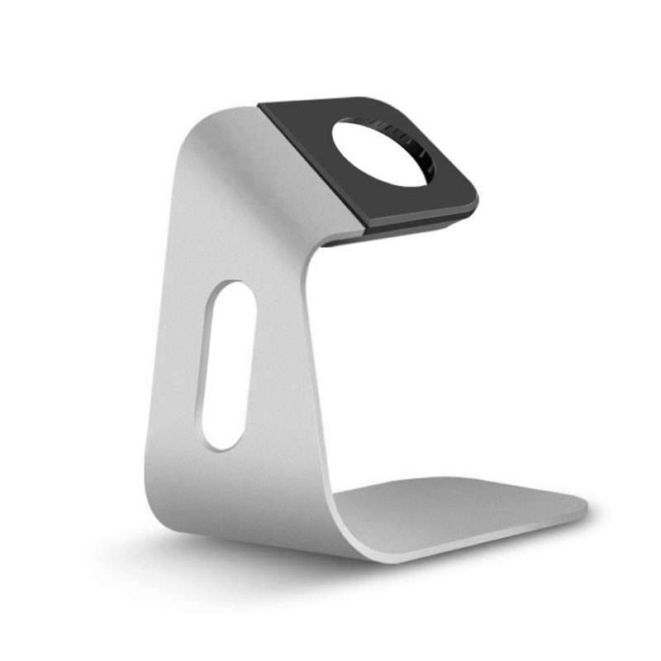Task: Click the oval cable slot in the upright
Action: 223,365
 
